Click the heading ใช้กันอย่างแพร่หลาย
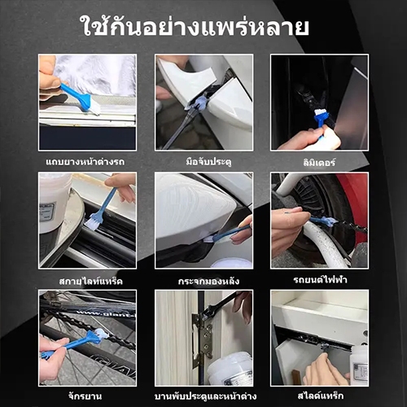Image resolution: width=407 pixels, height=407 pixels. (195, 26)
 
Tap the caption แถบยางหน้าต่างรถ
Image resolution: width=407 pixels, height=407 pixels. (85, 162)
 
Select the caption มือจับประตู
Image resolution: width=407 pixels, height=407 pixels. (208, 162)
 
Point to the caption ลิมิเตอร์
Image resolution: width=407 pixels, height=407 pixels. (319, 162)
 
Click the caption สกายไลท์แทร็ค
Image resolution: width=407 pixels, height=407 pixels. (91, 281)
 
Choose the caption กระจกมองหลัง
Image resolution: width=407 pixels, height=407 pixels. (208, 281)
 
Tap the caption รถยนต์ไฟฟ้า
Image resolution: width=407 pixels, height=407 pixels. (320, 279)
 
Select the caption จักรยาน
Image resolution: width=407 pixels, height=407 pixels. (85, 396)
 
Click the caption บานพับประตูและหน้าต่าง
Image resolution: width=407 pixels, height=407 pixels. (205, 396)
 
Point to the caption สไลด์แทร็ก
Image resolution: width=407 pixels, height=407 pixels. (321, 396)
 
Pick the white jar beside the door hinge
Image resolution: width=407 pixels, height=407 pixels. (230, 369)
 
